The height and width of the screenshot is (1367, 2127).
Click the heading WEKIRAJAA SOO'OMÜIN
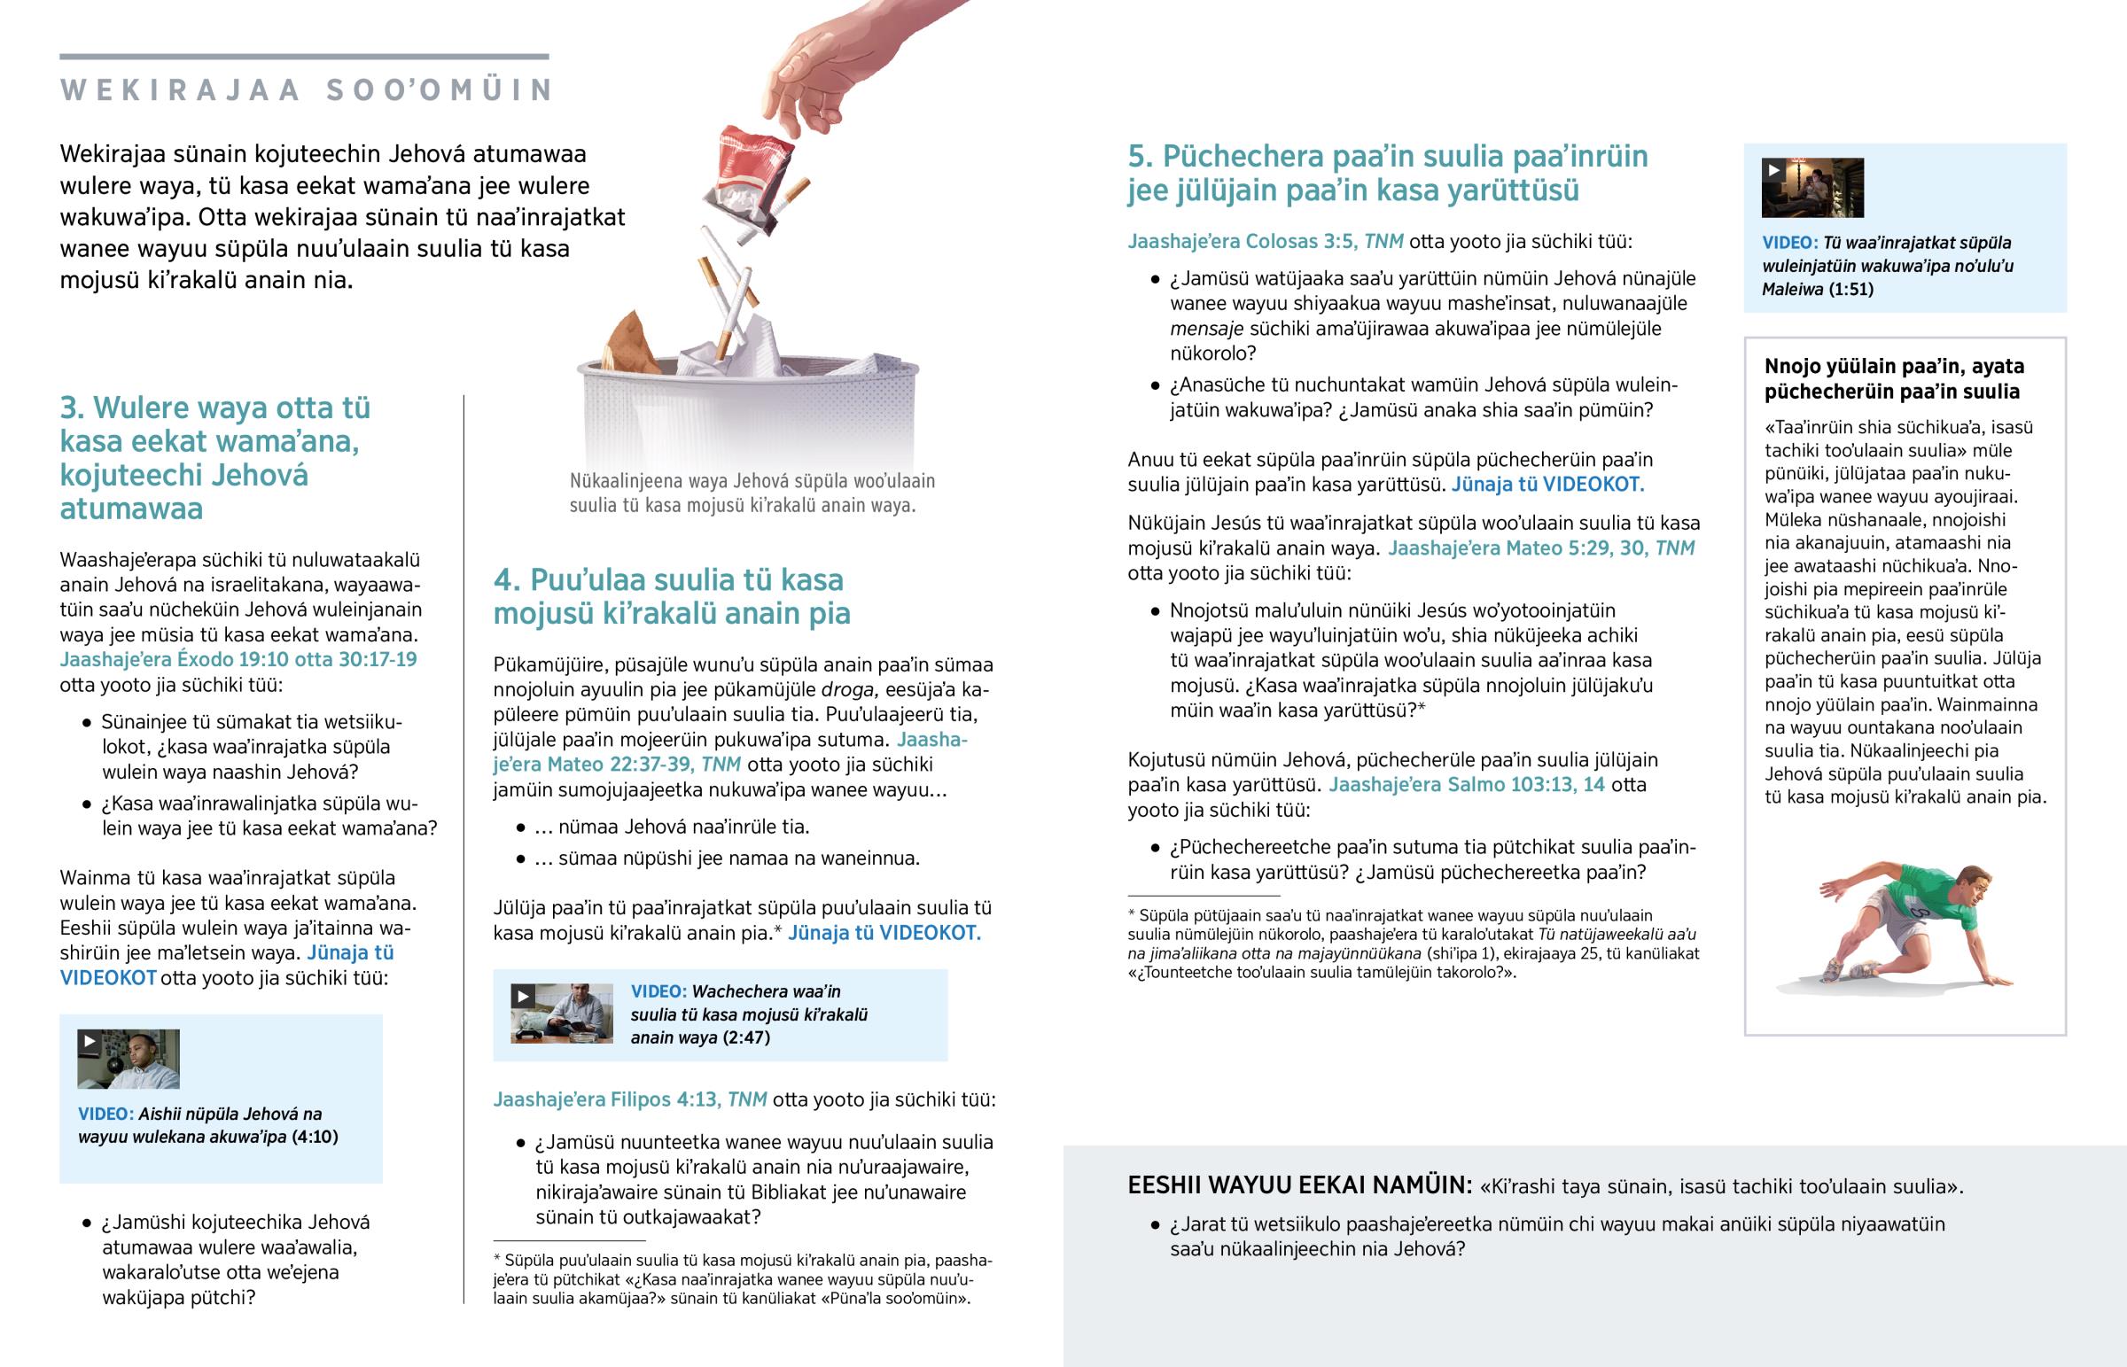tap(308, 90)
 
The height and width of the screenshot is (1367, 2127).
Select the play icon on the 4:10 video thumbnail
tap(89, 1041)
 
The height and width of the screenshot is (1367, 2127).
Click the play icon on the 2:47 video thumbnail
tap(522, 996)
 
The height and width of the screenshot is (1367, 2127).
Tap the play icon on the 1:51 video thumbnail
tap(1772, 169)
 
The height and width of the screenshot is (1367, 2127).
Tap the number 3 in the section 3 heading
tap(70, 408)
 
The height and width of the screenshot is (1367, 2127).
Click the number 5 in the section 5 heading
tap(1139, 157)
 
